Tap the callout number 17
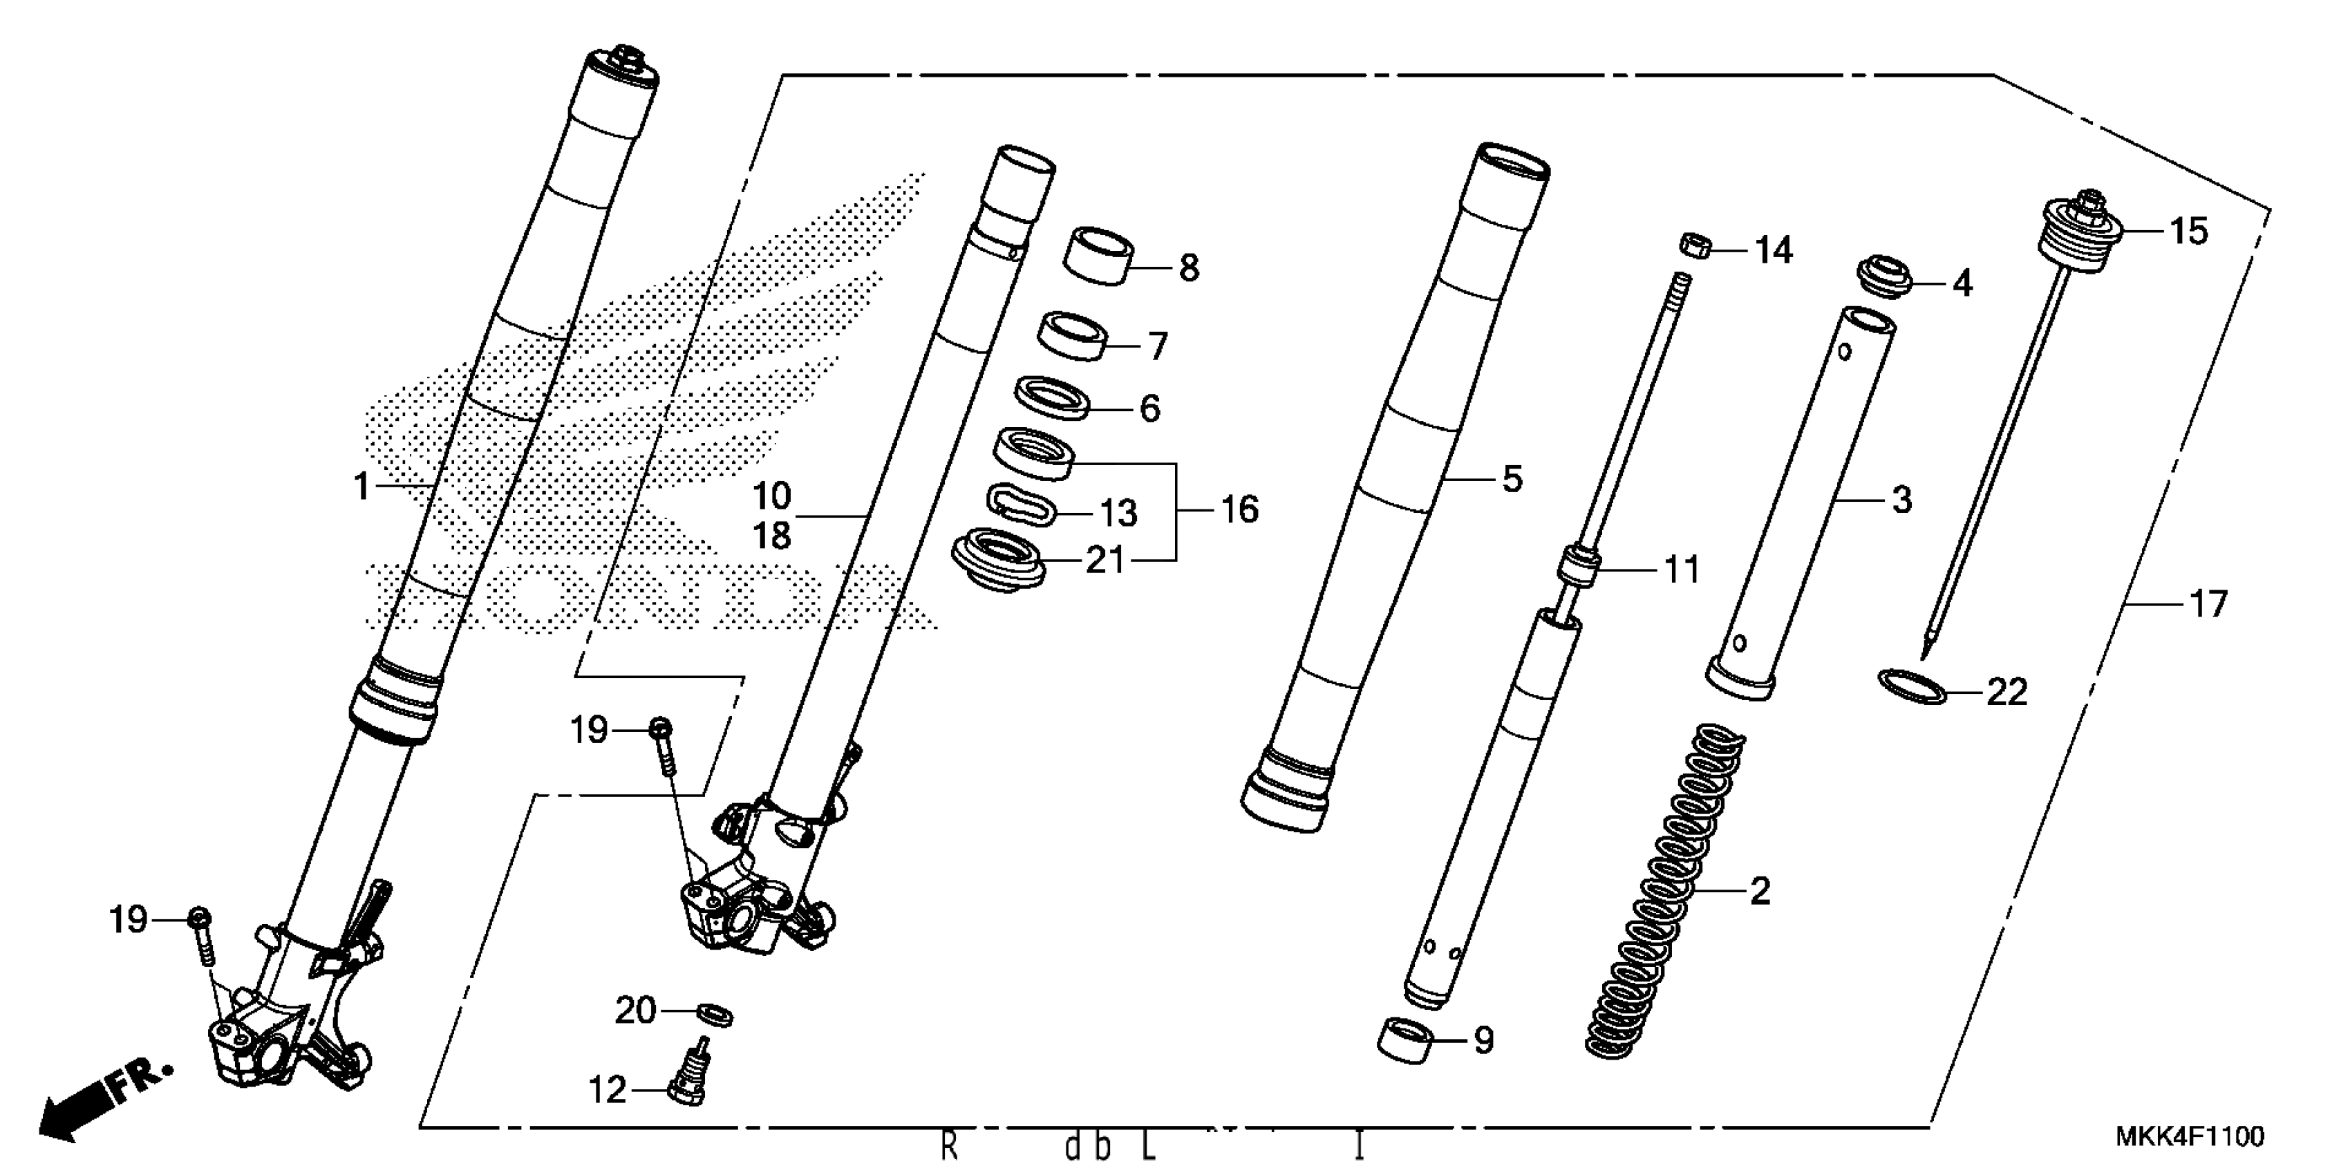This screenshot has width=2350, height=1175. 2208,604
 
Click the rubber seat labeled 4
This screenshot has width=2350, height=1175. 1886,276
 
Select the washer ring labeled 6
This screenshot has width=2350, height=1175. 1053,397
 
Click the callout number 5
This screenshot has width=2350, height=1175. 1512,479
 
